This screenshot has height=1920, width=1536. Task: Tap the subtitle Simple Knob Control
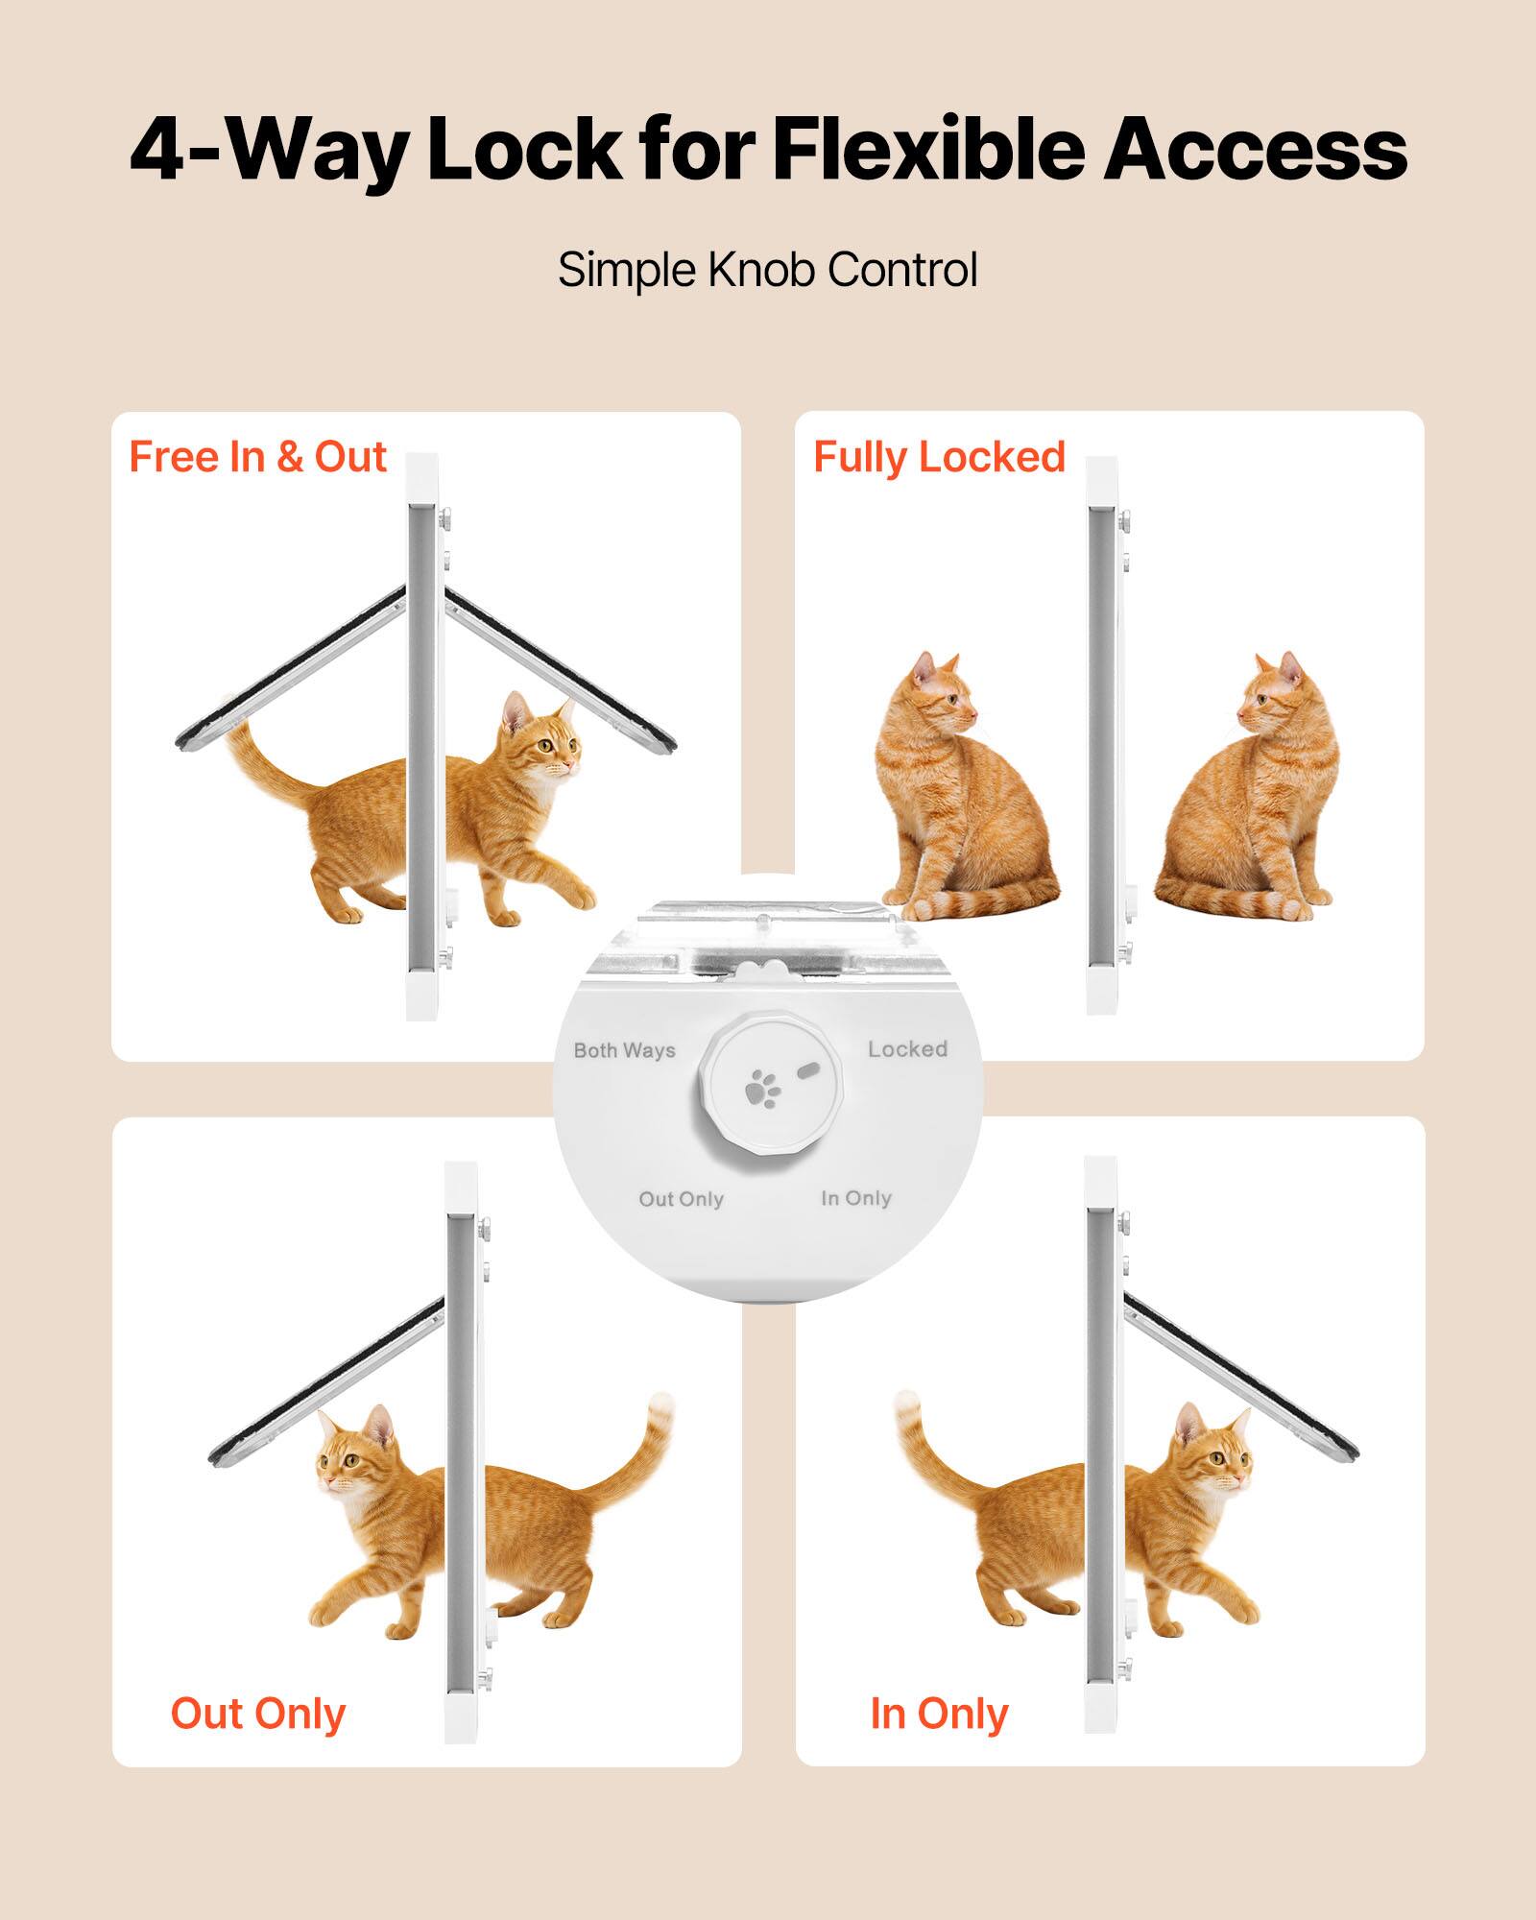click(x=767, y=270)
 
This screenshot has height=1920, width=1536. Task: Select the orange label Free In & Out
click(x=257, y=457)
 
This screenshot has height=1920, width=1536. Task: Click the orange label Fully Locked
click(x=939, y=457)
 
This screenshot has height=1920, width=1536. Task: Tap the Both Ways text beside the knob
click(x=624, y=1050)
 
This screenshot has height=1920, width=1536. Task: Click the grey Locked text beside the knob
click(x=907, y=1049)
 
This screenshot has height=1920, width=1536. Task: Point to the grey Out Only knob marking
click(x=681, y=1199)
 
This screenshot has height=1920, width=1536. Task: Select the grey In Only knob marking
click(x=856, y=1198)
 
